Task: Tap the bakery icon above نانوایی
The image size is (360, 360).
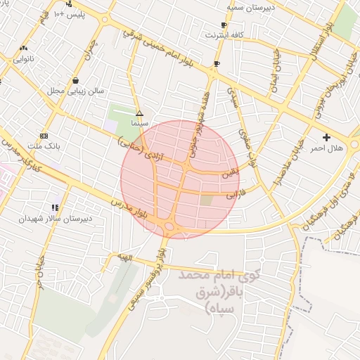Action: point(23,49)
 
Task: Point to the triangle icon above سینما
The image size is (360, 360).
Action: point(139,112)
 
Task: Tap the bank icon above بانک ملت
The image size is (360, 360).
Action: point(44,135)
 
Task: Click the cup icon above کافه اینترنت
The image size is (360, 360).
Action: point(224,25)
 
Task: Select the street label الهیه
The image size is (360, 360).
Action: point(124,259)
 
